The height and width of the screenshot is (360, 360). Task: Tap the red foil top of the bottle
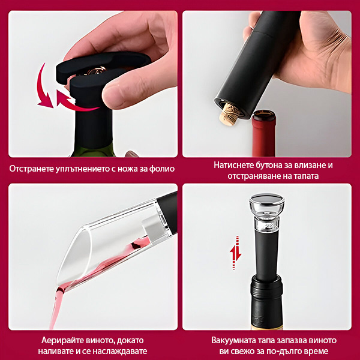pos(263,133)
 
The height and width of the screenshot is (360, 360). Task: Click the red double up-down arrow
pos(236,253)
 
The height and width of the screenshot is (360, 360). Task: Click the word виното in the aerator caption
pos(100,340)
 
